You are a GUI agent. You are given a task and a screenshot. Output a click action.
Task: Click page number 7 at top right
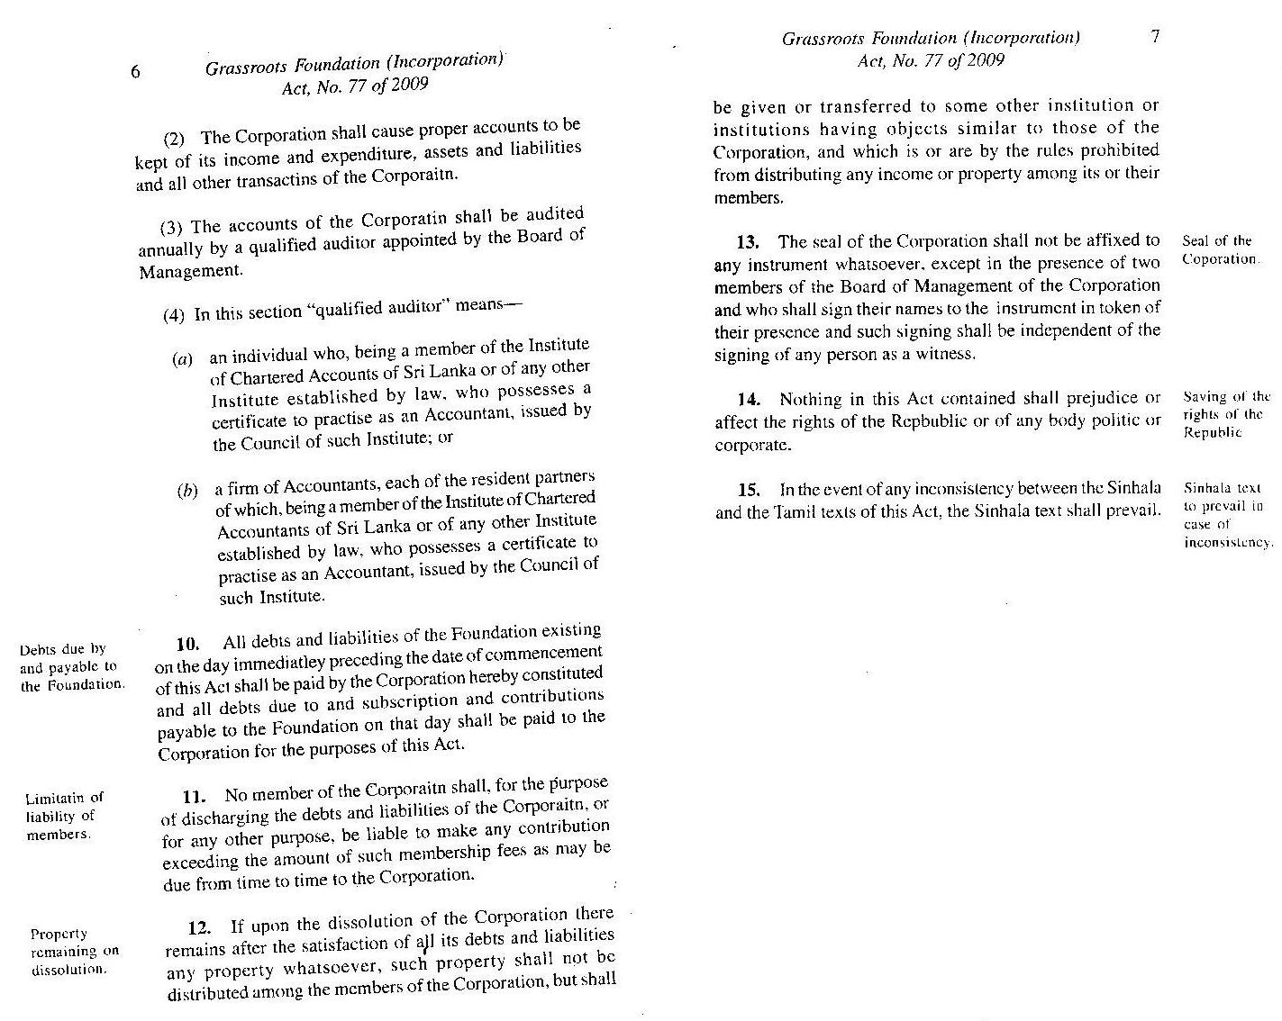click(x=1156, y=36)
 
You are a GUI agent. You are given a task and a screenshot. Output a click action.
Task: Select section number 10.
click(x=186, y=644)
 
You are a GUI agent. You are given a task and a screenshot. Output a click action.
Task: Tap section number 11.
click(x=195, y=796)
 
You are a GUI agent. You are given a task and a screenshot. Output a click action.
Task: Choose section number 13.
click(x=748, y=241)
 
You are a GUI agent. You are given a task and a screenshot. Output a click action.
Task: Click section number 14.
click(x=750, y=399)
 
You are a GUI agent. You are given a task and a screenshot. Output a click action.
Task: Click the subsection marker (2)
click(x=174, y=140)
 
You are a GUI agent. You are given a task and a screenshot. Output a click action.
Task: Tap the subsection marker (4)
click(x=174, y=316)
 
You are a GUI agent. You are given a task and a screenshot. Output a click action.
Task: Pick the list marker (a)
click(x=183, y=359)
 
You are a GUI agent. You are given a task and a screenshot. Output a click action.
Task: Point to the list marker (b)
click(x=187, y=492)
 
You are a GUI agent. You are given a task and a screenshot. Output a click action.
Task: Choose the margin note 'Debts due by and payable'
click(x=70, y=666)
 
